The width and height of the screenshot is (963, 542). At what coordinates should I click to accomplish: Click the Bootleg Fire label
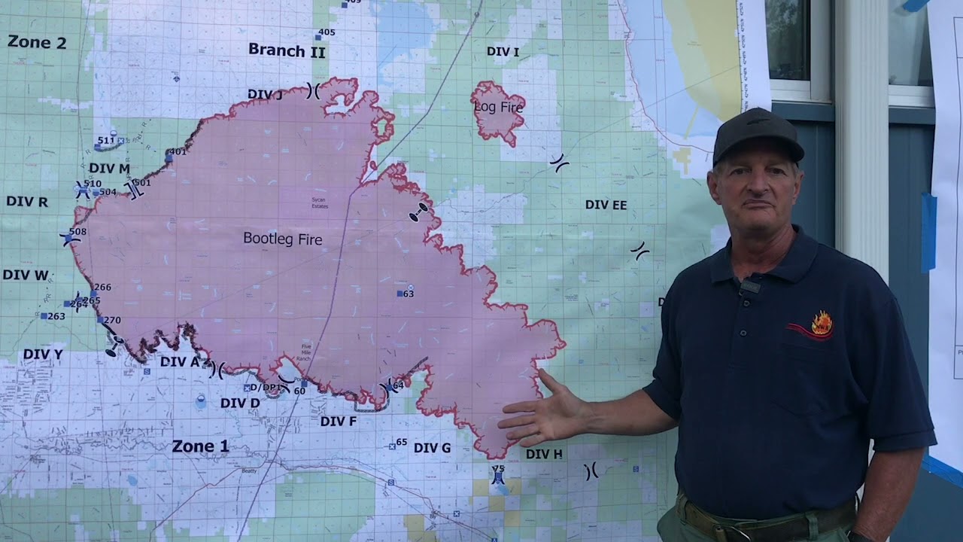point(282,239)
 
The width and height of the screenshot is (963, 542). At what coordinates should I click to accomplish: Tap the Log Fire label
point(498,107)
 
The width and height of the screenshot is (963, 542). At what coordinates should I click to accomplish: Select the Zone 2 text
point(37,42)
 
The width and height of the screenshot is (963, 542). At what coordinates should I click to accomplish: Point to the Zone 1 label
point(200,446)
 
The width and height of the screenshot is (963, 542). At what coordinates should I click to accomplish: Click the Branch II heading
point(287,50)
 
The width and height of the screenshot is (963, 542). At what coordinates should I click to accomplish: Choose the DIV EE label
point(606,205)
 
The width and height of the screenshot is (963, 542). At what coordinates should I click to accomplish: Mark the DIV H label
point(543,454)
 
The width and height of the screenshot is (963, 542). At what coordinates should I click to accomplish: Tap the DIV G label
point(432,448)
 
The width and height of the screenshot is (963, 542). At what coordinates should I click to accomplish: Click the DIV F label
point(338,422)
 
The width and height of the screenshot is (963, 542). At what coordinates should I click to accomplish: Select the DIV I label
point(503,52)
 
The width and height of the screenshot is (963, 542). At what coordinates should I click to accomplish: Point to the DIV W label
point(25,276)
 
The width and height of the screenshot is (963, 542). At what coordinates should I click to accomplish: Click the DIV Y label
point(43,354)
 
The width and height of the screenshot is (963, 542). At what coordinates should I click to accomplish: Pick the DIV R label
point(27,202)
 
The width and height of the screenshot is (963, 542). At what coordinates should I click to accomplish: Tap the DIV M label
point(109,169)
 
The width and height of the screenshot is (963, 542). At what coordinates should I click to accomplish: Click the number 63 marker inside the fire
point(406,294)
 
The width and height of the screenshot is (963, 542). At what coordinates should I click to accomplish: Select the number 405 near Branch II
point(327,32)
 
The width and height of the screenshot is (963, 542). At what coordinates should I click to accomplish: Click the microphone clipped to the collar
point(750,286)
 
